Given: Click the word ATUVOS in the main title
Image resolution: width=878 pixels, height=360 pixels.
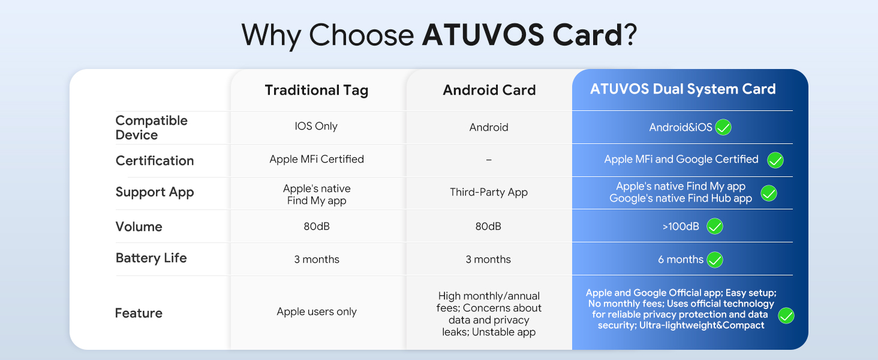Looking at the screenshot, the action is click(483, 35).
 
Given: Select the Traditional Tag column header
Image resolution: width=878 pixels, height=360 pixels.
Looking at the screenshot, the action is click(317, 91).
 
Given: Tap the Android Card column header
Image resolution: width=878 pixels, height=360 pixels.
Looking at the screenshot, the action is click(489, 90).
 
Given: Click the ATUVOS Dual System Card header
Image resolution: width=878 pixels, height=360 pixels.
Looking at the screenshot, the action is click(683, 89).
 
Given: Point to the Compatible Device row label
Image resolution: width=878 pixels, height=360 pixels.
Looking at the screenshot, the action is click(151, 127).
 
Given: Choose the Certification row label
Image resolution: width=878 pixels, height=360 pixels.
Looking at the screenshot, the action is click(155, 161).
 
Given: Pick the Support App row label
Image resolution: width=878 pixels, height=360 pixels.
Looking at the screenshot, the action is click(155, 193).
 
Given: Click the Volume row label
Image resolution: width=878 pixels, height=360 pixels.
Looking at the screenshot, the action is click(139, 227).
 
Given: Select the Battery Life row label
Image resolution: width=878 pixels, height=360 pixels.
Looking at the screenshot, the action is click(151, 258).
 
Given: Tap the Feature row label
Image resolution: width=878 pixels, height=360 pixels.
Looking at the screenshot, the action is click(139, 313).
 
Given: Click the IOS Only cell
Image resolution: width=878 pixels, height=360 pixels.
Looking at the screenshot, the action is click(316, 126).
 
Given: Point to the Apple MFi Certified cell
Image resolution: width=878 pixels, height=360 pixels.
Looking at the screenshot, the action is click(317, 159).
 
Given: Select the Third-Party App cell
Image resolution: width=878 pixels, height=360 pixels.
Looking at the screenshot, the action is click(489, 192).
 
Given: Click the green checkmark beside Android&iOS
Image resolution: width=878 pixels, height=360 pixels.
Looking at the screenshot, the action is click(723, 127).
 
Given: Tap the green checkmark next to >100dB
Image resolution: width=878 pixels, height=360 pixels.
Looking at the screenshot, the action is click(715, 226).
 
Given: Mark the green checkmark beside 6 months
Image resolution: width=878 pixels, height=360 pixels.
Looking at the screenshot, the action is click(715, 260).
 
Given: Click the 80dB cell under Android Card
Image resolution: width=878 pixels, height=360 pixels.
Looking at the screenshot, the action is click(488, 226).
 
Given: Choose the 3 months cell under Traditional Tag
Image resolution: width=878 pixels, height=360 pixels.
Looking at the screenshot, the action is click(317, 259).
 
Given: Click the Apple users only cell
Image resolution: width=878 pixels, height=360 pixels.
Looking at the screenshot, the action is click(317, 312).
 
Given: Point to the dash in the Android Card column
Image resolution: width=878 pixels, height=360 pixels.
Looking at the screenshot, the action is click(489, 160).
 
